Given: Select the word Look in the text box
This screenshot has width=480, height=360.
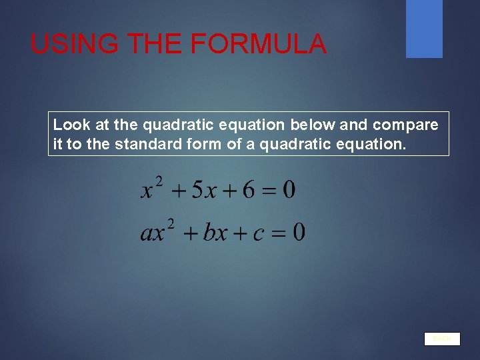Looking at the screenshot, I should point(67,125).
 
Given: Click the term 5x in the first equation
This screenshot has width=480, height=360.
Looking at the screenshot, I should point(203,190).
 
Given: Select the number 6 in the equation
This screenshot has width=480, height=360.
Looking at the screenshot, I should point(249,190).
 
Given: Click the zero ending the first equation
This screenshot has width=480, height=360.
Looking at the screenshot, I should point(289,190).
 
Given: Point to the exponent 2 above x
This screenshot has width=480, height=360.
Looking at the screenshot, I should point(159,181).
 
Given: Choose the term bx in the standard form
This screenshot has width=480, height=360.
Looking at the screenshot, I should point(215,233).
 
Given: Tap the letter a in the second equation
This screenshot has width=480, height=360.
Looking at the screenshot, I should point(147,234).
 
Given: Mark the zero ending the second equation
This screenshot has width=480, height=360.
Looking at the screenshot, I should point(299,233).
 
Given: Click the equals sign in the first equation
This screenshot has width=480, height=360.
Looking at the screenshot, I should point(269,191).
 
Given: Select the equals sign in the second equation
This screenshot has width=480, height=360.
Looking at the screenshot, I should point(279,233).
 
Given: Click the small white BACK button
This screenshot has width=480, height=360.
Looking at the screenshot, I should point(442,339).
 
